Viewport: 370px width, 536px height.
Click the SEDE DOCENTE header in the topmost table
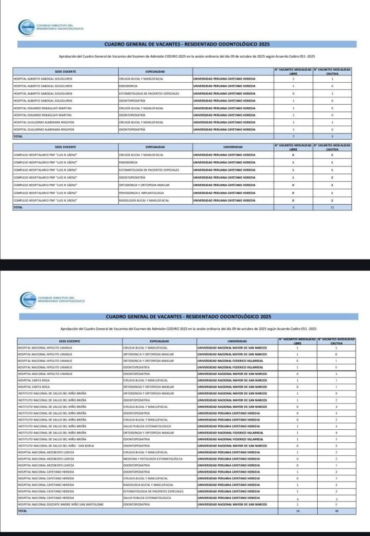pos(65,71)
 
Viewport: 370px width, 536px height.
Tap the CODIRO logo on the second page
pos(28,299)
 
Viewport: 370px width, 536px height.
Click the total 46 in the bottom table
pos(337,510)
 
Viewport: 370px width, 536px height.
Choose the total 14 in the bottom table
pos(297,510)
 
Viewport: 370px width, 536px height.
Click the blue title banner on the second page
pos(188,317)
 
